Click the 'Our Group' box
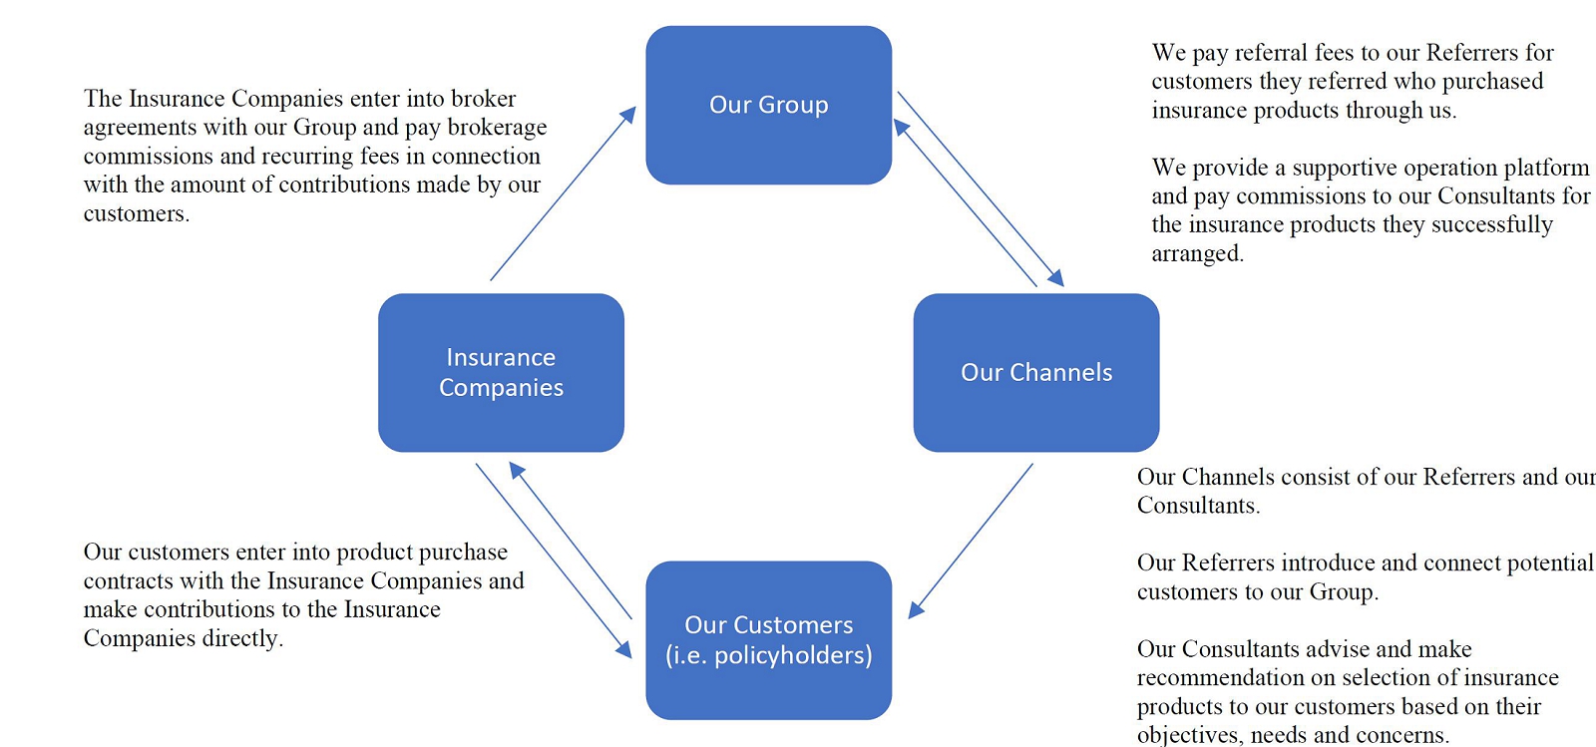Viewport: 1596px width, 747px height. click(769, 106)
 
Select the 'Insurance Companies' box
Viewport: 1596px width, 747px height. click(501, 372)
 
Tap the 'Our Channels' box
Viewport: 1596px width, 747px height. click(1036, 372)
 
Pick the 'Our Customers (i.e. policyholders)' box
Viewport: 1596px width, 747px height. click(769, 640)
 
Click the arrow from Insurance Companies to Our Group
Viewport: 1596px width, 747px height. click(563, 192)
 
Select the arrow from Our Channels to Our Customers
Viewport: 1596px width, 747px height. click(971, 542)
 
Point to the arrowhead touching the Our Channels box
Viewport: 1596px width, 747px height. click(1056, 278)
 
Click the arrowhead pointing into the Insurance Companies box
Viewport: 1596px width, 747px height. click(518, 470)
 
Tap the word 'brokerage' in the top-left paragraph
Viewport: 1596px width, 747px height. click(498, 128)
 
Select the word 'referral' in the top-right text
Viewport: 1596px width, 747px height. click(1271, 53)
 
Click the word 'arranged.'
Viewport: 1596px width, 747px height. click(1198, 254)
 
